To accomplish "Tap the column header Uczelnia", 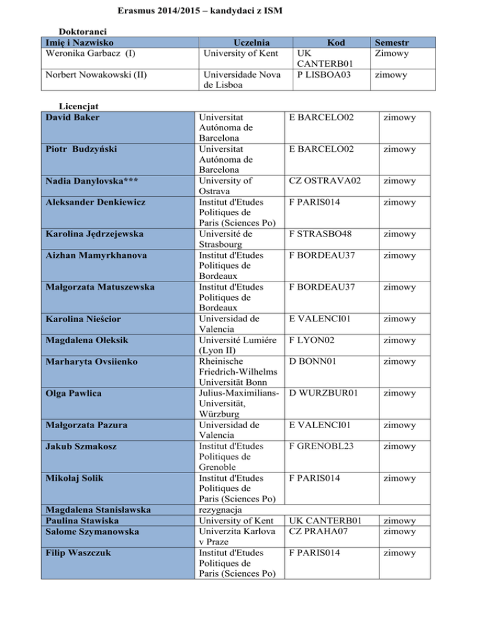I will [239, 42].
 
